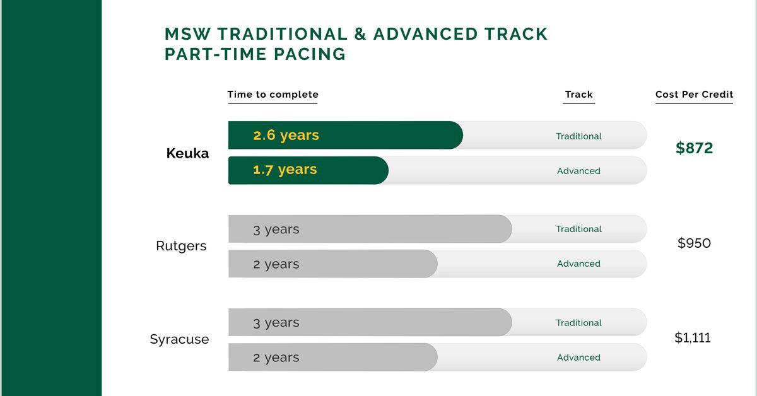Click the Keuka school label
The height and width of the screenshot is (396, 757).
(187, 153)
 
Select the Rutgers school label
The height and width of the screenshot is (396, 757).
(181, 246)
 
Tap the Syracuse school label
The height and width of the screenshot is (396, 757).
(179, 339)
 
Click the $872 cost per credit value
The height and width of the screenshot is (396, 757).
(694, 148)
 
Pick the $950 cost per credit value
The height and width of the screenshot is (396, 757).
(694, 243)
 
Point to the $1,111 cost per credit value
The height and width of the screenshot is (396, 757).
(693, 337)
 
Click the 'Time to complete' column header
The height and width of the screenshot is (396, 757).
(273, 95)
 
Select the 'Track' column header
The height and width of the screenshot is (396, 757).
(578, 95)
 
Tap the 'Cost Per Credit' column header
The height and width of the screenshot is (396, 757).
(694, 95)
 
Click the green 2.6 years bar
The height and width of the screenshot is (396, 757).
(345, 136)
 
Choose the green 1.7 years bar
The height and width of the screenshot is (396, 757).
(308, 170)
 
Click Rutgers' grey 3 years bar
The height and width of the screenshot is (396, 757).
(369, 229)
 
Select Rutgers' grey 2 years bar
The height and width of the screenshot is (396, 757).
(332, 264)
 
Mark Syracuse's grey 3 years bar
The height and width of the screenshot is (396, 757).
(369, 322)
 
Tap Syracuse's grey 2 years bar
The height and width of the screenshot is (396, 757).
(332, 357)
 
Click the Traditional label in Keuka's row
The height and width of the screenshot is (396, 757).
(578, 136)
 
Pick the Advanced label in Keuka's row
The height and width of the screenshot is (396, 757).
(578, 171)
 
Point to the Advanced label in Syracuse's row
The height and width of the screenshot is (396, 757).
(578, 358)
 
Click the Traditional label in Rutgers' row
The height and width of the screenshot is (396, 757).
(578, 229)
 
